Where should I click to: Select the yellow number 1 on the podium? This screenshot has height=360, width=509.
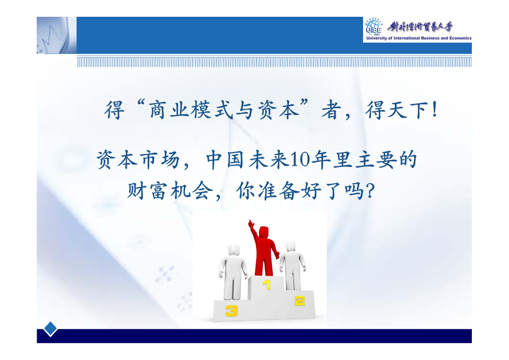(267, 285)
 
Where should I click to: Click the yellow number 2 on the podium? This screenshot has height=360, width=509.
(300, 301)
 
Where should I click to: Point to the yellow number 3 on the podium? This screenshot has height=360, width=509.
(232, 311)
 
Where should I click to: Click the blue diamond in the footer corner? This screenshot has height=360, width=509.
(50, 329)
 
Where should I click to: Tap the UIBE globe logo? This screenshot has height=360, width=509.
(374, 27)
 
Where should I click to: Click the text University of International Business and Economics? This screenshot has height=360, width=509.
(419, 38)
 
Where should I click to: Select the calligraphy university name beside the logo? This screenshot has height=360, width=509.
(420, 27)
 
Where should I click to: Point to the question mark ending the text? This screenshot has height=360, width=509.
(370, 191)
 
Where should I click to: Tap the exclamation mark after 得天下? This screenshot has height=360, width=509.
(435, 110)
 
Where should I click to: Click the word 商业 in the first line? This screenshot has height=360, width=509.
(169, 110)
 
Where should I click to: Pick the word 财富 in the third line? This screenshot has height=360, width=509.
(147, 191)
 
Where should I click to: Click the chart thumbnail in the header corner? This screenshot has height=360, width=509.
(57, 35)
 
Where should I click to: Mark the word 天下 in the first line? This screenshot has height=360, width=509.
(407, 110)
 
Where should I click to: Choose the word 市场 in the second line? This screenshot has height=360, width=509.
(160, 160)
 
